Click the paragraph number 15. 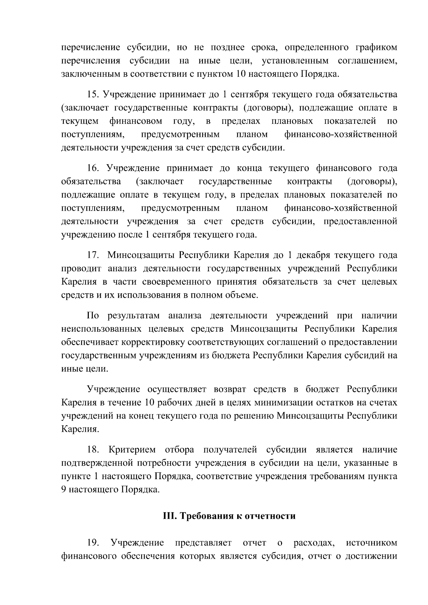(x=94, y=94)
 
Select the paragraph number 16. (x=94, y=168)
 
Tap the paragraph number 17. (x=93, y=255)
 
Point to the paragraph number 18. (x=93, y=450)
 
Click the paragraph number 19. (x=93, y=543)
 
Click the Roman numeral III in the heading (x=168, y=516)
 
